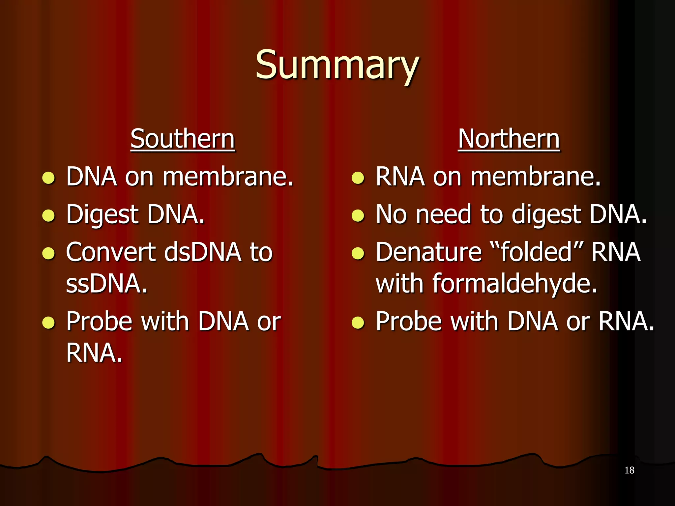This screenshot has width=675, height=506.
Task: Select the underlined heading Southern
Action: tap(183, 139)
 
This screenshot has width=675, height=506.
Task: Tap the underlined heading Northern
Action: tap(509, 139)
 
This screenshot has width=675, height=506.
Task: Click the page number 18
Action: tap(629, 470)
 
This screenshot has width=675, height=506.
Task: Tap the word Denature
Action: tap(429, 252)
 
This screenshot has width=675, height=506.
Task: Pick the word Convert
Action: tap(110, 252)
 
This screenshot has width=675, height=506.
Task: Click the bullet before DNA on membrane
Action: tap(49, 178)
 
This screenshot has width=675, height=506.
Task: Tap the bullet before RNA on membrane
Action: tap(358, 178)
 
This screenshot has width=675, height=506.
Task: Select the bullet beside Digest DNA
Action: tap(49, 216)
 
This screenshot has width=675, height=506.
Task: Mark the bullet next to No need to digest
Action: tap(358, 216)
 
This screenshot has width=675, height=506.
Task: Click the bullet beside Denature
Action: tap(358, 253)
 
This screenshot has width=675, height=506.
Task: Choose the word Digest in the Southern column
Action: tap(102, 215)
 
